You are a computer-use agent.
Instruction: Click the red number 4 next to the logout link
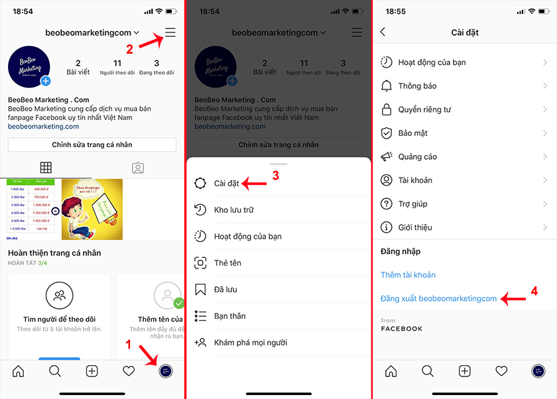pyautogui.click(x=534, y=291)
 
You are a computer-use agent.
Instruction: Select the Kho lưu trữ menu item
pyautogui.click(x=233, y=210)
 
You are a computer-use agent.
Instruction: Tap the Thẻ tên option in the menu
pyautogui.click(x=227, y=263)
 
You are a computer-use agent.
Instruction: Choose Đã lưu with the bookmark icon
pyautogui.click(x=225, y=290)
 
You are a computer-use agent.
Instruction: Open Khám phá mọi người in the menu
pyautogui.click(x=250, y=343)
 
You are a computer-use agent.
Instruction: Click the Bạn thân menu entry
pyautogui.click(x=229, y=316)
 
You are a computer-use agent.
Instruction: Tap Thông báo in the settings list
pyautogui.click(x=417, y=86)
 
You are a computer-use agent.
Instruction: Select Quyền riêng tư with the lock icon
pyautogui.click(x=424, y=109)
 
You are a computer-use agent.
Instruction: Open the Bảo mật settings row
pyautogui.click(x=412, y=133)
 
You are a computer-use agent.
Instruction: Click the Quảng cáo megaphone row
pyautogui.click(x=417, y=157)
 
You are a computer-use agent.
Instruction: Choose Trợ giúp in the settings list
pyautogui.click(x=412, y=204)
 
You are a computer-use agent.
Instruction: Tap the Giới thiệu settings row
pyautogui.click(x=414, y=227)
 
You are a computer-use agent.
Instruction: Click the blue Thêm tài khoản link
pyautogui.click(x=408, y=275)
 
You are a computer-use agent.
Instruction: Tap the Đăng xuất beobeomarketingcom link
pyautogui.click(x=438, y=299)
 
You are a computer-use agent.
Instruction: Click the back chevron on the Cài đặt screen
pyautogui.click(x=383, y=32)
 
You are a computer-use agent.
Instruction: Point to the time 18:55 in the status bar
pyautogui.click(x=395, y=11)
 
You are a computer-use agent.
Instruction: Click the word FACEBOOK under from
pyautogui.click(x=401, y=329)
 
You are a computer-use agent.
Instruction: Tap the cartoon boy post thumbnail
pyautogui.click(x=92, y=209)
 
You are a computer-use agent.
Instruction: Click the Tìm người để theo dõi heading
pyautogui.click(x=59, y=319)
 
